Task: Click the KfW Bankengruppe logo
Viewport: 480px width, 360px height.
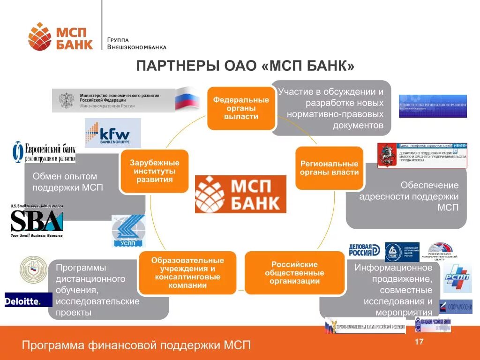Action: point(112,133)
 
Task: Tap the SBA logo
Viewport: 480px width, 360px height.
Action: point(37,221)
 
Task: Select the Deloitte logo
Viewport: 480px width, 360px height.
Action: point(22,300)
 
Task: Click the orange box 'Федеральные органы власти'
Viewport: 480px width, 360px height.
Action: point(241,108)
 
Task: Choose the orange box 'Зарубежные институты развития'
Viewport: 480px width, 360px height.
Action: point(154,171)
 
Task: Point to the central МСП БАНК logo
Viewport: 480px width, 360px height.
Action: point(240,194)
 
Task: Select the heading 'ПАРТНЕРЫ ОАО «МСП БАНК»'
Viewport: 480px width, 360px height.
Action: point(245,66)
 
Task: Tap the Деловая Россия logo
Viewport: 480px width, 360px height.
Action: point(364,250)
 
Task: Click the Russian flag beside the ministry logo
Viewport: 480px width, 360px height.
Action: point(187,98)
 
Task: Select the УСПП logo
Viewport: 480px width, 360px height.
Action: point(128,231)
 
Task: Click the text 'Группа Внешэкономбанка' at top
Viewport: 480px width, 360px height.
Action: point(136,44)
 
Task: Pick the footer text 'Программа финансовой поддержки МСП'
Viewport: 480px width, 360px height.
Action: point(136,345)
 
